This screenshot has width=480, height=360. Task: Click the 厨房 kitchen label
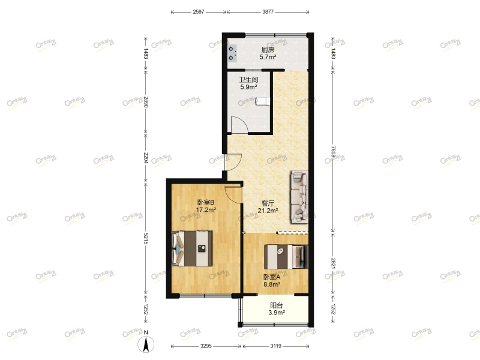pyautogui.click(x=268, y=50)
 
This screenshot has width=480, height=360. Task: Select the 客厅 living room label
pyautogui.click(x=268, y=203)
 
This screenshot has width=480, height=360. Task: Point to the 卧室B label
pyautogui.click(x=206, y=202)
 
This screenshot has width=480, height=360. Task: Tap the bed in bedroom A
pyautogui.click(x=286, y=257)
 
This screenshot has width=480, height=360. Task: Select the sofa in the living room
pyautogui.click(x=299, y=196)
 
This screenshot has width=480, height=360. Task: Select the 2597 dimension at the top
pyautogui.click(x=199, y=11)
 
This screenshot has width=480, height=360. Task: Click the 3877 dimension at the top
pyautogui.click(x=268, y=11)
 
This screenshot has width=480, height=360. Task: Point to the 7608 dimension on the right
pyautogui.click(x=334, y=153)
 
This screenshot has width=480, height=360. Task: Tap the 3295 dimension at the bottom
pyautogui.click(x=206, y=346)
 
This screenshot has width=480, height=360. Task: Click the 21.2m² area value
pyautogui.click(x=268, y=211)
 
